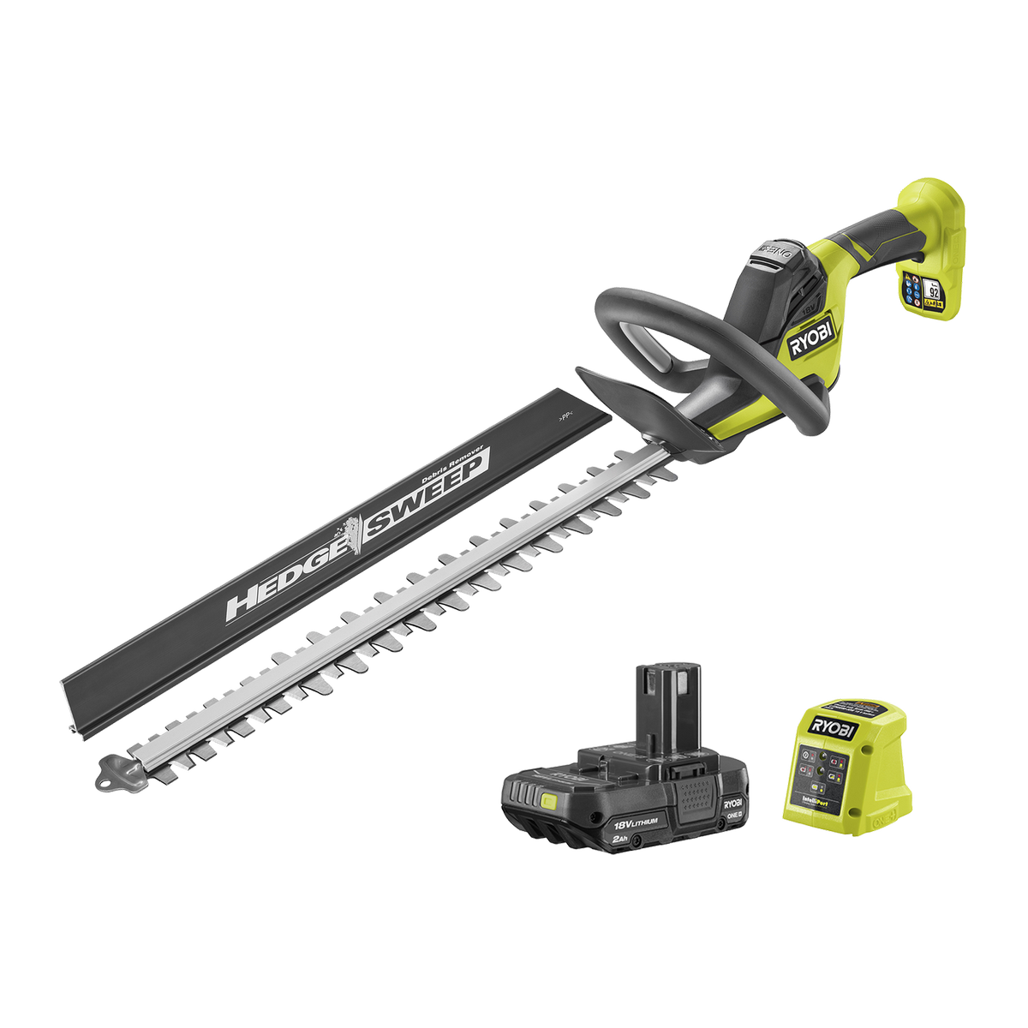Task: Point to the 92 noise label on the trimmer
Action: pos(933,291)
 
